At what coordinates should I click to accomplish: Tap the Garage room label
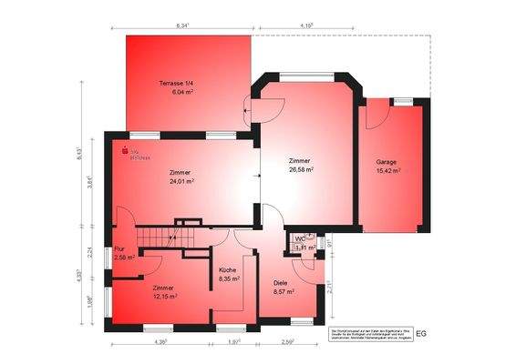point(387,160)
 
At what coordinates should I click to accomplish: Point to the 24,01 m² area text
point(181,180)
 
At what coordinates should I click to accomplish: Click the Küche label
point(227,270)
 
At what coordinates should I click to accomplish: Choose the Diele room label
point(281,283)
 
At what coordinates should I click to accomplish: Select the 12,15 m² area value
point(164,297)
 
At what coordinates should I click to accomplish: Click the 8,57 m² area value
point(284,292)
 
